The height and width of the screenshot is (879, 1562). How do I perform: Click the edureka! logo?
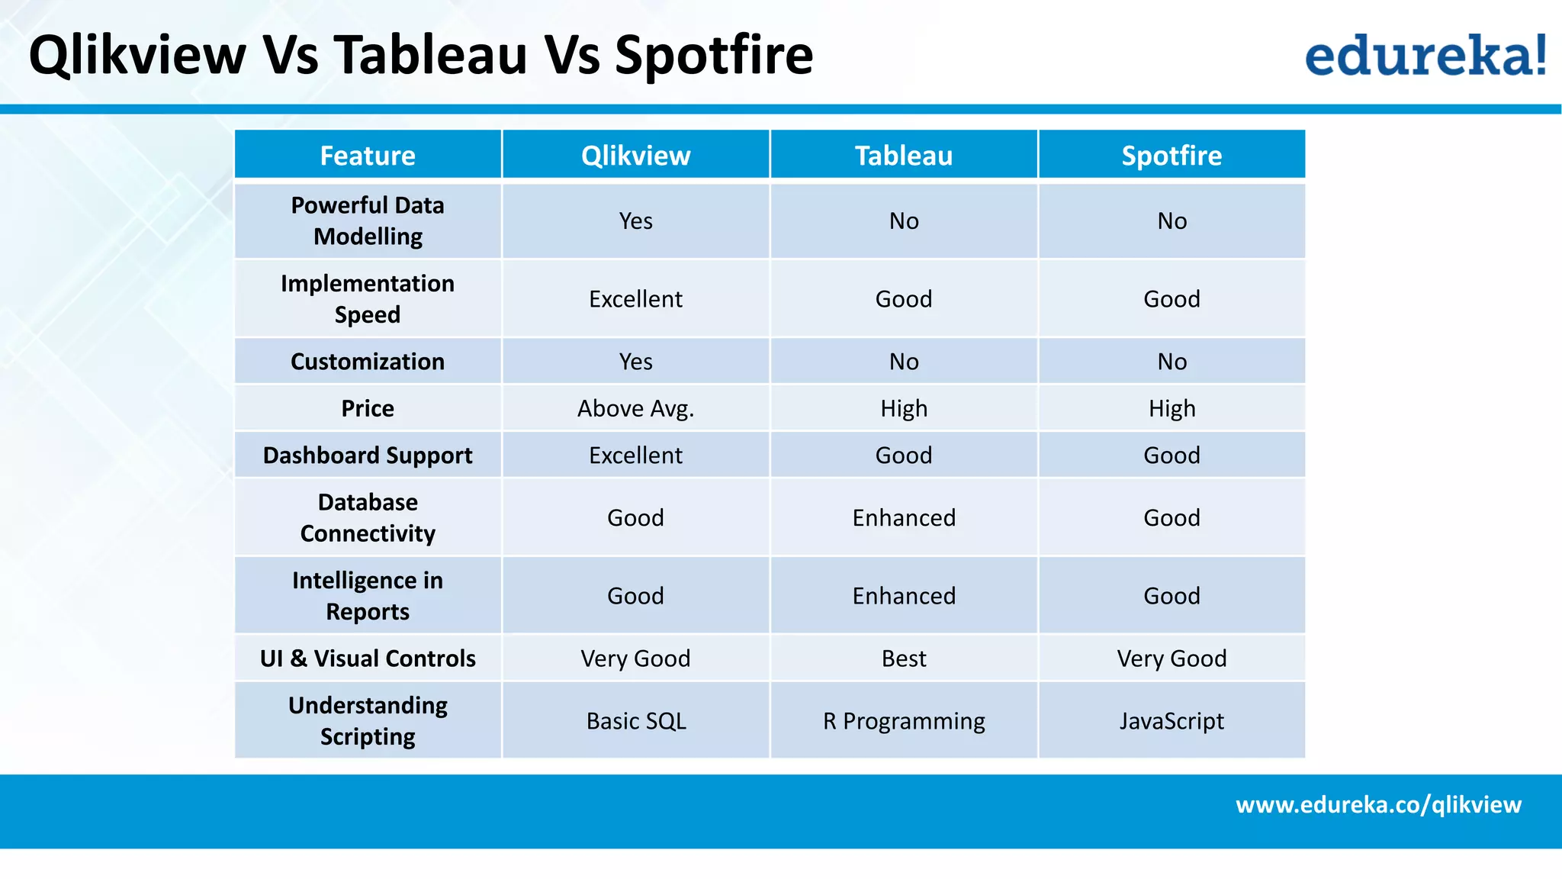tap(1425, 55)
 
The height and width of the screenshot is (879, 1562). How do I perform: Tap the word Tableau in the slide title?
tap(430, 55)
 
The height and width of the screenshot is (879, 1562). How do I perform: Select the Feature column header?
tap(368, 156)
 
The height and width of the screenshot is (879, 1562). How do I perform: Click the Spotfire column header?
tap(1171, 156)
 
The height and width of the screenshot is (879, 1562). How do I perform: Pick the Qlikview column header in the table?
tap(635, 156)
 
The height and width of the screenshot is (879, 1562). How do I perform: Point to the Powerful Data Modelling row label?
tap(368, 221)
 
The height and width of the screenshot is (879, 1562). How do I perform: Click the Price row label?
tap(368, 408)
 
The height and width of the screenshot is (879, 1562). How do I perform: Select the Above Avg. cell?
tap(635, 408)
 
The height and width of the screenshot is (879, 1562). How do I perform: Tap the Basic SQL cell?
tap(635, 721)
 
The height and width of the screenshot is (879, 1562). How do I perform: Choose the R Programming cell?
tap(904, 721)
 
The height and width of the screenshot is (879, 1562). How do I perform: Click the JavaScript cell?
tap(1171, 721)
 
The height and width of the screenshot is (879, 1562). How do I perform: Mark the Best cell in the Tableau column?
tap(904, 658)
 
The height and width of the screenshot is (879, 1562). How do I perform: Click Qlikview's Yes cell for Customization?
tap(635, 362)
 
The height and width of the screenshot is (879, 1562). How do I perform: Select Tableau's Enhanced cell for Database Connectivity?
tap(904, 518)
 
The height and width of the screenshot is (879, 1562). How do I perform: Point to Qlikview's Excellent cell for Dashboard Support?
tap(635, 456)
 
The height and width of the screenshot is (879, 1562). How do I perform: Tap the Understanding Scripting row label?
tap(368, 721)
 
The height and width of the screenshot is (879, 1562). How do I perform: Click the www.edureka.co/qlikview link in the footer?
tap(1378, 805)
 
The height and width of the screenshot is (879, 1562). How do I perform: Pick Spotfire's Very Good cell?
tap(1171, 658)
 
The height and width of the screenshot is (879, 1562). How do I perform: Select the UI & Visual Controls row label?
tap(368, 658)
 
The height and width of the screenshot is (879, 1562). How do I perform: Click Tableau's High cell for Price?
tap(904, 408)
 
